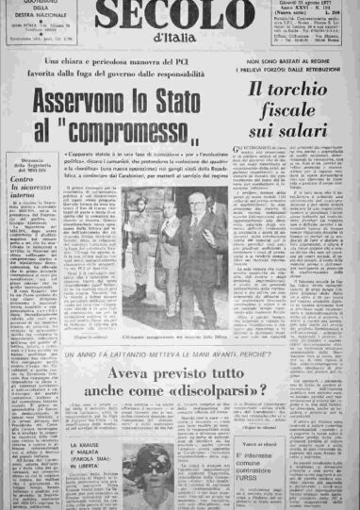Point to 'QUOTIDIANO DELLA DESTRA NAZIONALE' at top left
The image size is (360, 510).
tap(33, 18)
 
